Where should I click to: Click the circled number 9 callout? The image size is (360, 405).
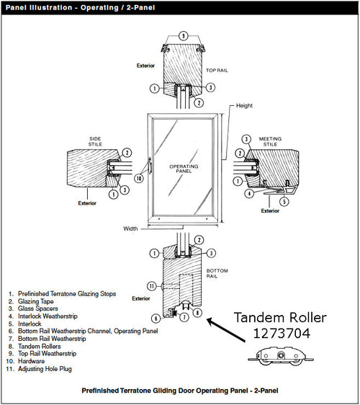[x=183, y=35]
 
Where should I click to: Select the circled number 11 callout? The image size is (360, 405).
[x=152, y=285]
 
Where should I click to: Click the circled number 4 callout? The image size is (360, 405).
[x=248, y=193]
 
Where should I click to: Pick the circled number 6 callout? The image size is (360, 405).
[x=156, y=318]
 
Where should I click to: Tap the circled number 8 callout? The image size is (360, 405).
[x=199, y=313]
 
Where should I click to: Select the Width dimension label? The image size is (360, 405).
[x=130, y=229]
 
